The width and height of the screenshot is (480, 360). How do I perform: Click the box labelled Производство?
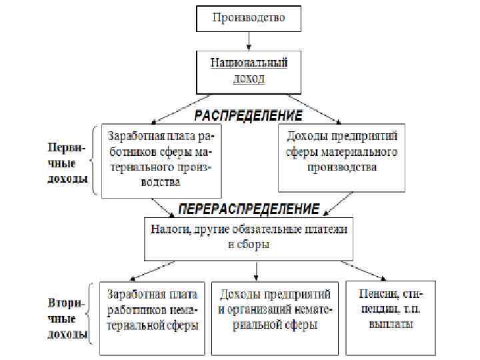[x=248, y=18]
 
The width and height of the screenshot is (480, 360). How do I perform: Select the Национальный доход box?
[x=248, y=71]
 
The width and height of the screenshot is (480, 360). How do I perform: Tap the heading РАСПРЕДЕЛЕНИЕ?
[x=247, y=115]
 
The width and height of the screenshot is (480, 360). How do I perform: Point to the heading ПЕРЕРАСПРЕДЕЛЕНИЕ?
[x=247, y=209]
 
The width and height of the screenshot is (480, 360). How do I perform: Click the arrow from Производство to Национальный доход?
[x=248, y=41]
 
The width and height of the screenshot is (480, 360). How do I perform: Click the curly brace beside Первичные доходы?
[x=96, y=160]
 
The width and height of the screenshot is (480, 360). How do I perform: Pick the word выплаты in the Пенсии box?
[x=390, y=325]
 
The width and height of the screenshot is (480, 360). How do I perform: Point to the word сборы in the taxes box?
[x=255, y=245]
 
